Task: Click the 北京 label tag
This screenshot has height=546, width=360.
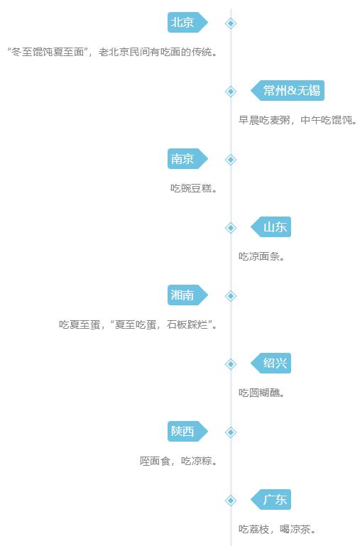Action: (x=187, y=23)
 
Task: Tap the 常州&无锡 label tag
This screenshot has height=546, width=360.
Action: (x=288, y=91)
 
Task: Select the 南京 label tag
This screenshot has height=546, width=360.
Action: (x=187, y=159)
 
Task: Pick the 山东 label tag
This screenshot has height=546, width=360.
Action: (x=271, y=227)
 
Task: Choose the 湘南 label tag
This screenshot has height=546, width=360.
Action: (x=187, y=295)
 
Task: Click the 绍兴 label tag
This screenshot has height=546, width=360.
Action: (x=271, y=364)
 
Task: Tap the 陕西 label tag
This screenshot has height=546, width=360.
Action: (x=187, y=432)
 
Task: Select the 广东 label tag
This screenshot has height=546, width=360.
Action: (x=271, y=500)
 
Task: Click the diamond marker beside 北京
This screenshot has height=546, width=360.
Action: (x=231, y=23)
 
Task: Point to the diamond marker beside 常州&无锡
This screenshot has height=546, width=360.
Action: (x=231, y=92)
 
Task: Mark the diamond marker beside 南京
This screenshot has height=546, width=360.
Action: (x=231, y=160)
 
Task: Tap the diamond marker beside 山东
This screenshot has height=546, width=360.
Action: (x=231, y=228)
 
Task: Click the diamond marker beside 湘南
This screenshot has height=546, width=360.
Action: (x=231, y=296)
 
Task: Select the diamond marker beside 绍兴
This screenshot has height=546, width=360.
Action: (x=231, y=364)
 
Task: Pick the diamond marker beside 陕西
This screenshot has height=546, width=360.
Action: (x=231, y=432)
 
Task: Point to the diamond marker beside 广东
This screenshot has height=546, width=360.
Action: (x=231, y=501)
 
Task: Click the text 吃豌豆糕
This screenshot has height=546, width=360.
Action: (x=191, y=188)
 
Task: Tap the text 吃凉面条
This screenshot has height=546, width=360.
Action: (x=259, y=256)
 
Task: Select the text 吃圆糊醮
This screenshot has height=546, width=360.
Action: (x=259, y=393)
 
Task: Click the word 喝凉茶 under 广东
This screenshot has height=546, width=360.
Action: (x=295, y=529)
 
